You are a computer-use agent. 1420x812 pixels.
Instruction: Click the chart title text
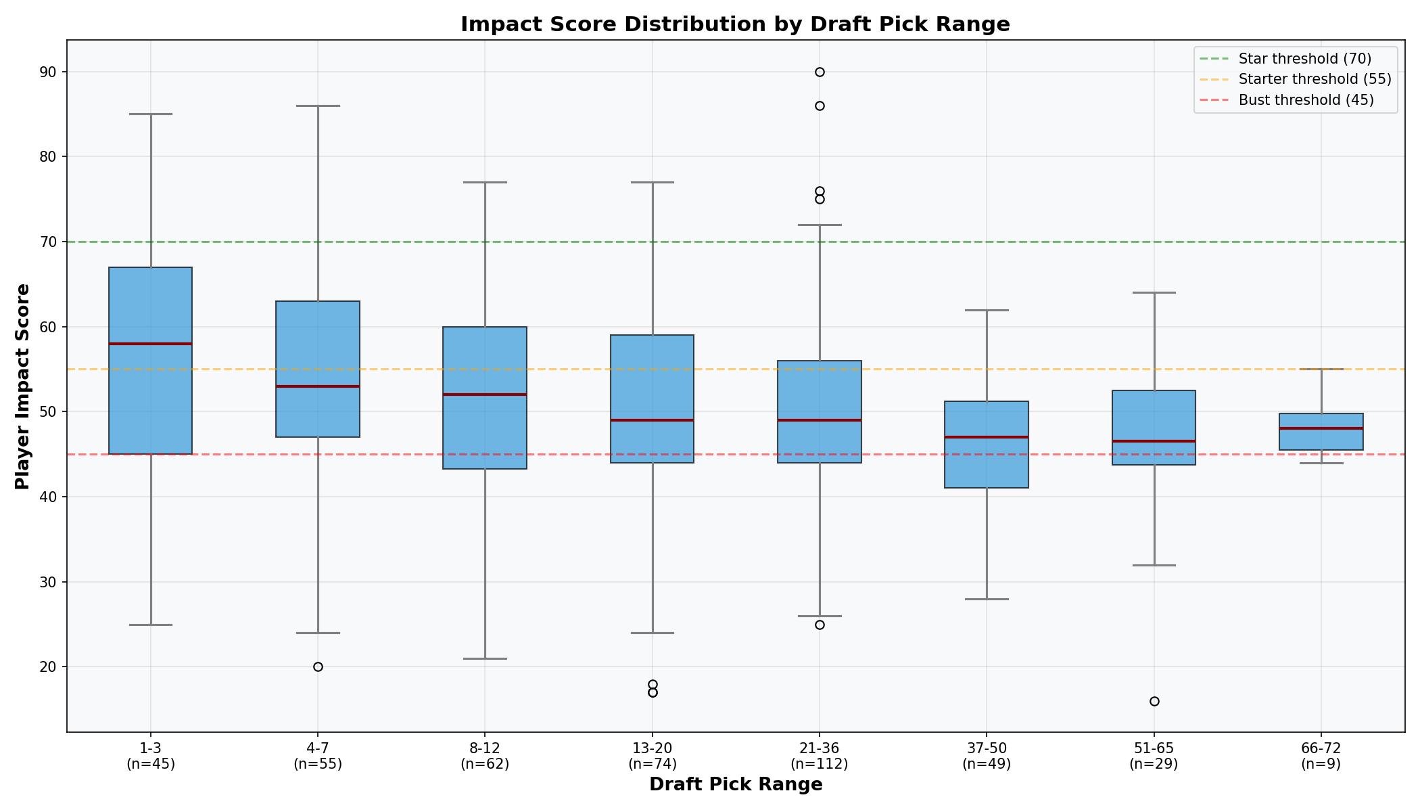click(x=735, y=24)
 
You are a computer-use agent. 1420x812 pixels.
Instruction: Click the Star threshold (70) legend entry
click(x=1304, y=59)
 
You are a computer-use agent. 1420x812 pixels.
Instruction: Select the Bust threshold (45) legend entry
click(x=1306, y=100)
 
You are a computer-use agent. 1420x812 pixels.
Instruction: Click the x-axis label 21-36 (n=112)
click(x=820, y=757)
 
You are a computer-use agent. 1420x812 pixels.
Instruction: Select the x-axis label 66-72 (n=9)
click(x=1321, y=757)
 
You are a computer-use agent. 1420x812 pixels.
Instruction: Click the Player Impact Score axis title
click(x=22, y=386)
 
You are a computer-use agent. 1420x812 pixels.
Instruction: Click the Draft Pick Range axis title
click(x=735, y=785)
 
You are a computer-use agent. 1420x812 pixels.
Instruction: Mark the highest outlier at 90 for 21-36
click(x=820, y=72)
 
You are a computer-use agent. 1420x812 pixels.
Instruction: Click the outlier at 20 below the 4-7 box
click(x=318, y=667)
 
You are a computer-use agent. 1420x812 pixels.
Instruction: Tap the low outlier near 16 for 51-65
click(x=1154, y=702)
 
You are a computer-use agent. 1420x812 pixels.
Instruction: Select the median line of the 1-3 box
click(x=151, y=344)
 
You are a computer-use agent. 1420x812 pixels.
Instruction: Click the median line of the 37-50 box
click(x=987, y=437)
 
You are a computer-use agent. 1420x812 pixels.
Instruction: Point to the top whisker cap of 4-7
click(x=318, y=106)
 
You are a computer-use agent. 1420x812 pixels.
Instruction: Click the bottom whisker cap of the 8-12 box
click(x=485, y=658)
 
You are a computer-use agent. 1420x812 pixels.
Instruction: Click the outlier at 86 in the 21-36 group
click(x=820, y=106)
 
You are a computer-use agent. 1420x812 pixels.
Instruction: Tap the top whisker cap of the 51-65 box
click(x=1154, y=293)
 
